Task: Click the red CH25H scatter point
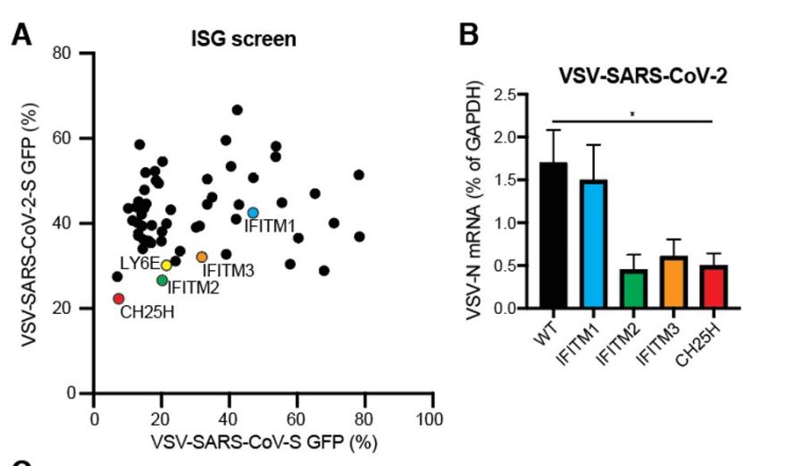(118, 299)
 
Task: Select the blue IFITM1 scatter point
(253, 213)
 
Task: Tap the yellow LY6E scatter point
(166, 266)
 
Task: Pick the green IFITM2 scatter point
(162, 280)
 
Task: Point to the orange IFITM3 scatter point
(202, 258)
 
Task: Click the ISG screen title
(244, 39)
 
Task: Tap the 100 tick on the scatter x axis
(431, 420)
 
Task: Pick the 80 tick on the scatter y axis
(62, 54)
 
